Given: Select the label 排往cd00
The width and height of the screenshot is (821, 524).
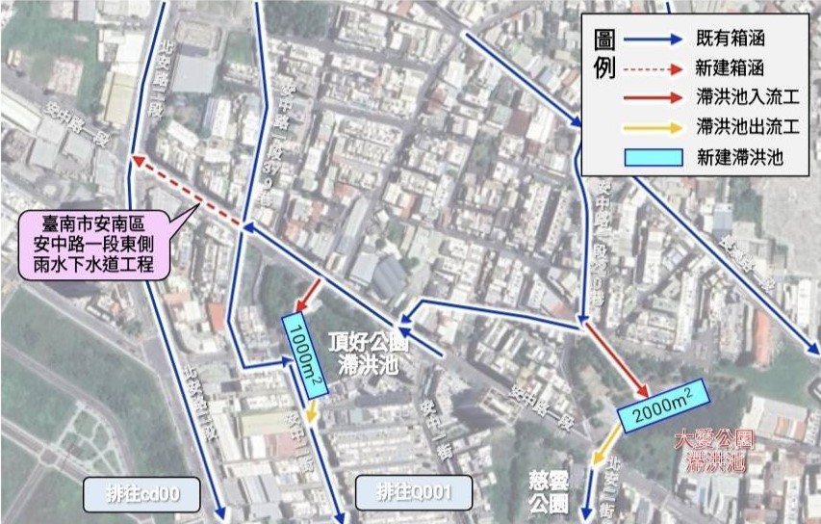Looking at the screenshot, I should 141,494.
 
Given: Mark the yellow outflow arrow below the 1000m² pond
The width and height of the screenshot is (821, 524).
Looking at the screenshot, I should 310,413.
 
